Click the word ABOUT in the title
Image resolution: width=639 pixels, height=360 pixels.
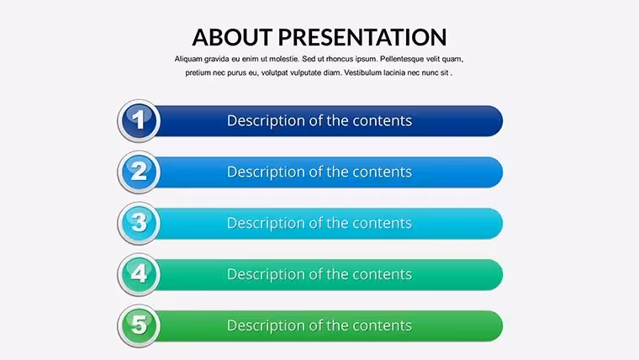(232, 37)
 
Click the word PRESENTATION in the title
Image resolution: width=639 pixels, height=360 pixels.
(362, 37)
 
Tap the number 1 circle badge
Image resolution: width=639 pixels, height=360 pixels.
(139, 120)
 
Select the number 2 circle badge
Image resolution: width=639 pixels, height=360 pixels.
(139, 172)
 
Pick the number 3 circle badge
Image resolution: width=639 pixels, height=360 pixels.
(139, 224)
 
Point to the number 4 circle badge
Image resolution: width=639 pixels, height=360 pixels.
(139, 274)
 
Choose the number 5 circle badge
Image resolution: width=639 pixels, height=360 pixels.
(139, 326)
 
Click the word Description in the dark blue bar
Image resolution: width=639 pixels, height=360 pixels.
(267, 121)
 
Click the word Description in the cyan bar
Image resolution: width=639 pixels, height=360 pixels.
(267, 224)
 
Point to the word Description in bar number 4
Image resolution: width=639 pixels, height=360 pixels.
(267, 275)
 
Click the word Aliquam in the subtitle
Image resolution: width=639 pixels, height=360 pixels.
(188, 59)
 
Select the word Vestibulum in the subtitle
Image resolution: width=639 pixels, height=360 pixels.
(364, 73)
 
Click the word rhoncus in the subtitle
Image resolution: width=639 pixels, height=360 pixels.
(340, 59)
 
